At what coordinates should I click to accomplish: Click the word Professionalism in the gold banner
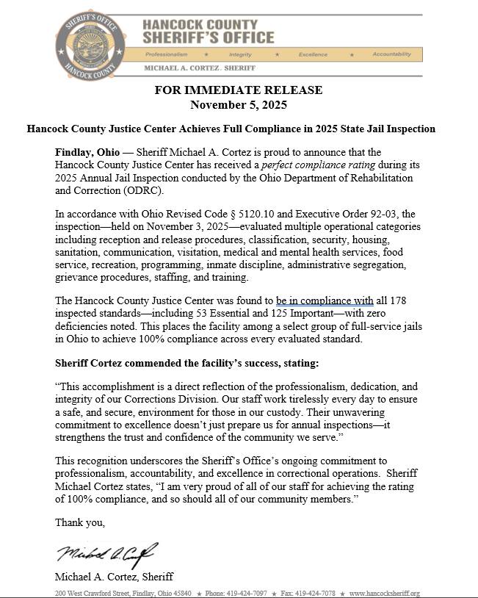tap(167, 54)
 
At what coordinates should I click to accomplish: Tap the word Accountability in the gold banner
tap(391, 54)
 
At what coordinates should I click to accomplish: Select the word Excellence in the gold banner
tap(313, 54)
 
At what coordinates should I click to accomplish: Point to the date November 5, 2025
tap(239, 104)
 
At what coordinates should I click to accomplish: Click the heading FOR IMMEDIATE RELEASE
tap(239, 90)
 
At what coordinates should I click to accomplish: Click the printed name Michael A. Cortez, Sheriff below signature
tap(114, 577)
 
